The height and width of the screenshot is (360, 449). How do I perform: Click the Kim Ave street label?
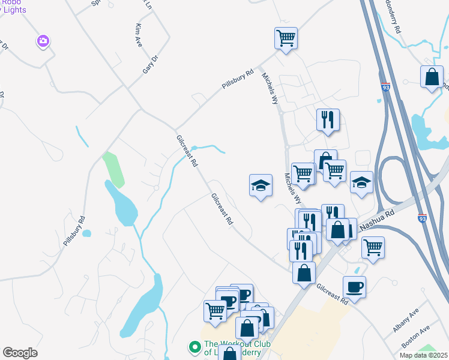click(x=137, y=35)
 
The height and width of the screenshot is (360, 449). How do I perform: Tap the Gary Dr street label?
click(x=149, y=63)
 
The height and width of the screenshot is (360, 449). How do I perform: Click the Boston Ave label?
click(x=416, y=338)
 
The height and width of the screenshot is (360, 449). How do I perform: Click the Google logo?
click(x=20, y=353)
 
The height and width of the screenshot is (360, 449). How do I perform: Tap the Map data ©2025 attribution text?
click(x=423, y=355)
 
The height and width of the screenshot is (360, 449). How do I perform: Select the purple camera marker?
click(x=43, y=41)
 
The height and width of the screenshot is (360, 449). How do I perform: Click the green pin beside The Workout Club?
click(x=194, y=347)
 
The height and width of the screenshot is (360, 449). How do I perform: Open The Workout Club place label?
click(x=237, y=348)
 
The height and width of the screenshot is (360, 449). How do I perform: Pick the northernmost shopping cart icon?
click(x=286, y=38)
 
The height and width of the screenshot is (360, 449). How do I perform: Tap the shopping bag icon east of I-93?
click(x=432, y=77)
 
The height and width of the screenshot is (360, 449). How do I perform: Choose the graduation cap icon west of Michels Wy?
click(x=261, y=185)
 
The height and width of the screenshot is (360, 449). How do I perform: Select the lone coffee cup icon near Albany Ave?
click(x=354, y=286)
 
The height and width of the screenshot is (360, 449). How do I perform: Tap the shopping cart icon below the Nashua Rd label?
click(x=373, y=246)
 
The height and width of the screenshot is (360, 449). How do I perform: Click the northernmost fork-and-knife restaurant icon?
click(x=328, y=119)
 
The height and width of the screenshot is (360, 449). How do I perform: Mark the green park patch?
click(x=113, y=169)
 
